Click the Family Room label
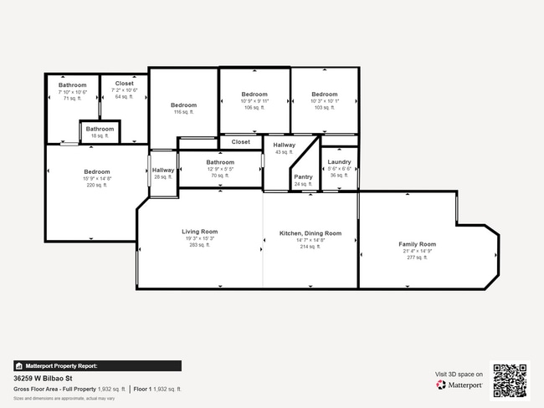pyautogui.click(x=417, y=244)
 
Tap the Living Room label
pyautogui.click(x=199, y=232)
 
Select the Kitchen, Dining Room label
pyautogui.click(x=310, y=233)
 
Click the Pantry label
pyautogui.click(x=303, y=176)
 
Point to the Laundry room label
pyautogui.click(x=339, y=162)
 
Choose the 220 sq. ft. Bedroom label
pyautogui.click(x=73, y=172)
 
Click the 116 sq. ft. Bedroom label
pyautogui.click(x=183, y=105)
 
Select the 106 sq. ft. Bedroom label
pyautogui.click(x=254, y=94)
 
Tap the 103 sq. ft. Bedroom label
pyautogui.click(x=324, y=94)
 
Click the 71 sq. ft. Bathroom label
pyautogui.click(x=73, y=85)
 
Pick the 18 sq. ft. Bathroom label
pyautogui.click(x=100, y=129)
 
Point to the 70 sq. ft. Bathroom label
pyautogui.click(x=220, y=162)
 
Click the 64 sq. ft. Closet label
pyautogui.click(x=124, y=84)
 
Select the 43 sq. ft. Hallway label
pyautogui.click(x=285, y=145)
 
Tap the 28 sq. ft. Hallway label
pyautogui.click(x=163, y=171)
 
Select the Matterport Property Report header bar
pyautogui.click(x=97, y=365)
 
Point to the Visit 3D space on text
pyautogui.click(x=459, y=374)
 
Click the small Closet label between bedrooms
pyautogui.click(x=241, y=142)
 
